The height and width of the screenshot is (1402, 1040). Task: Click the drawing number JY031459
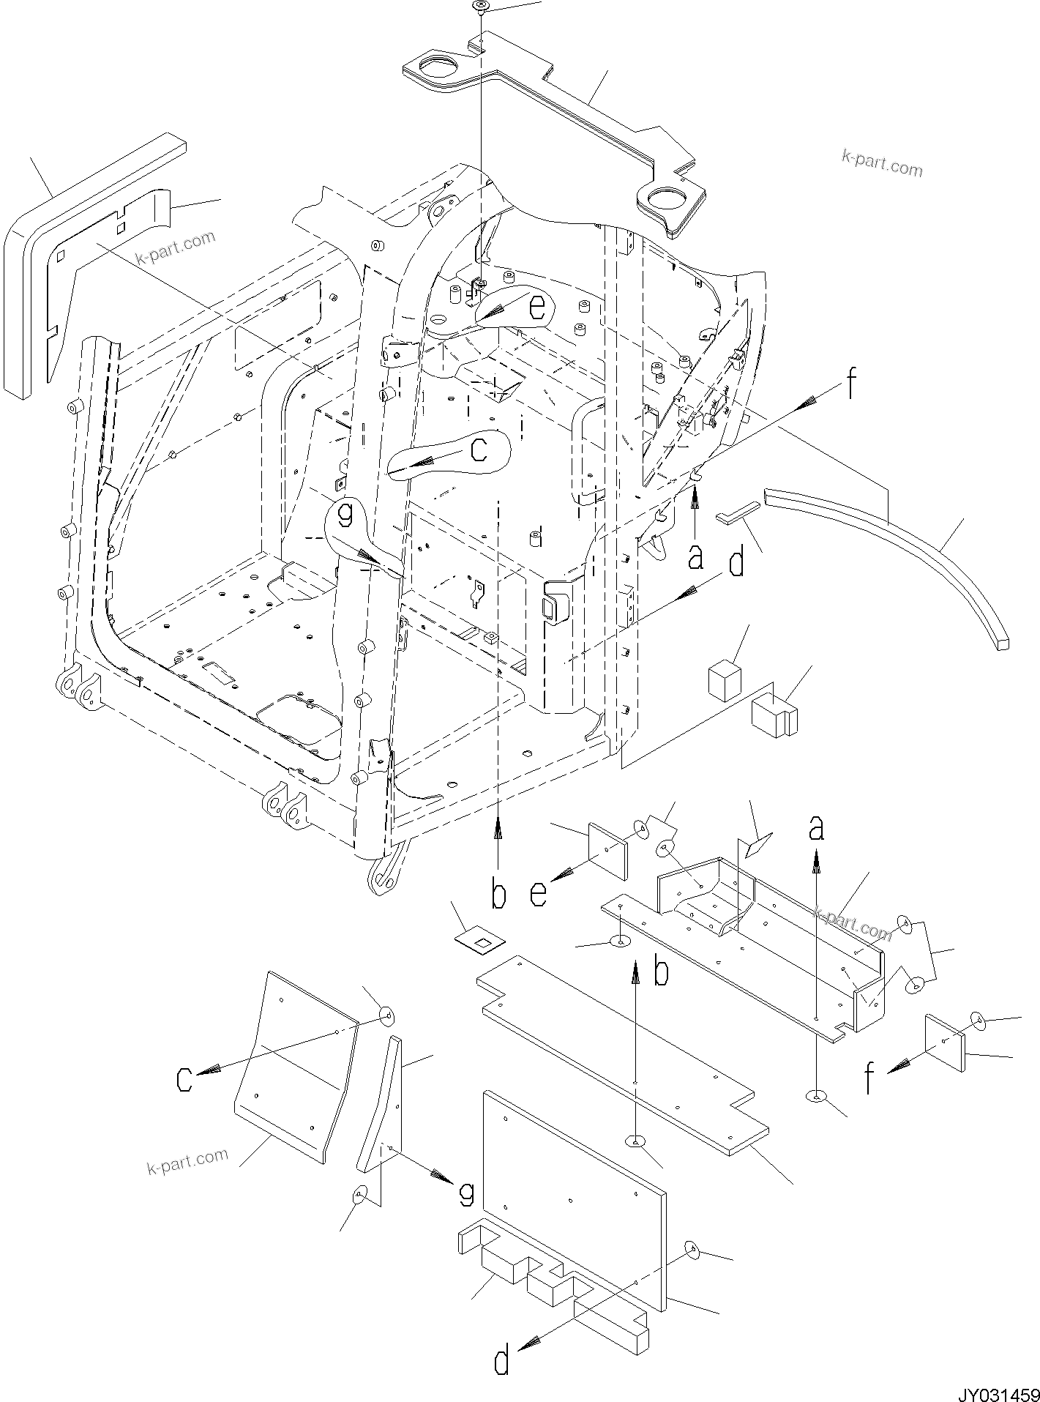[996, 1388]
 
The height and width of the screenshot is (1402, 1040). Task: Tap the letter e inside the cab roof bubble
[536, 308]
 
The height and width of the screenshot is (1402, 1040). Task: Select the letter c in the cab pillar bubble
[478, 450]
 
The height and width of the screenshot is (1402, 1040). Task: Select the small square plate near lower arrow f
[945, 1043]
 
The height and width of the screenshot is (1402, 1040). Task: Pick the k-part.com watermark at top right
[882, 164]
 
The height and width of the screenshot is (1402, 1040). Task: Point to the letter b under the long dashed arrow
[498, 894]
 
